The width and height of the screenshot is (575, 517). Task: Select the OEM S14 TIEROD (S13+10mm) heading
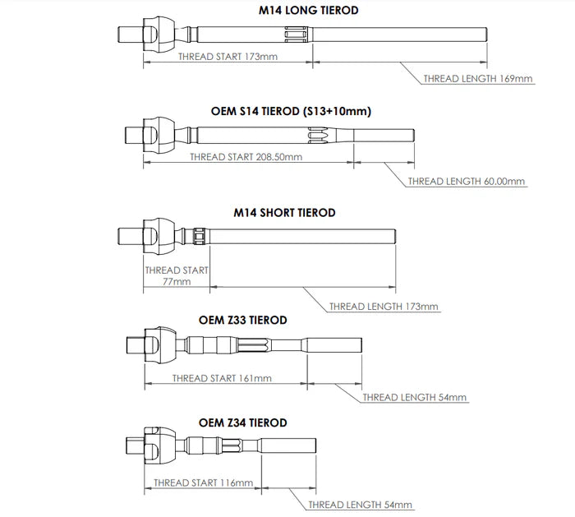coord(291,111)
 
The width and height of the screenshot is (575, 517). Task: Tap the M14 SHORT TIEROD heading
coord(284,213)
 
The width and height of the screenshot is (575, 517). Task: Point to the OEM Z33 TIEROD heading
coord(243,319)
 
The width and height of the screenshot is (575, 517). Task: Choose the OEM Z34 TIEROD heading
coord(243,422)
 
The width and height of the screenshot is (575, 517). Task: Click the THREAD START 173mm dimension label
coord(227,57)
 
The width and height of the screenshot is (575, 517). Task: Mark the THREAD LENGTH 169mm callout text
coord(478,79)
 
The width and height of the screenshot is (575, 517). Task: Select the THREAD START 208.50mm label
coord(246,156)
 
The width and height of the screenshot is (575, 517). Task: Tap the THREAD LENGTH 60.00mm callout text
coord(467,181)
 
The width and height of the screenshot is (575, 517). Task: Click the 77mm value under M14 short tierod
coord(176,282)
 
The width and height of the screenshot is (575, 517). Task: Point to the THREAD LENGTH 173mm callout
coord(384,307)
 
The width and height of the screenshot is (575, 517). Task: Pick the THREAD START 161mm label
coord(222,379)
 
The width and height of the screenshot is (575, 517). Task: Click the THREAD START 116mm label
coord(203,482)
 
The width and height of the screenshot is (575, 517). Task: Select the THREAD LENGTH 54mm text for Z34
coord(360,505)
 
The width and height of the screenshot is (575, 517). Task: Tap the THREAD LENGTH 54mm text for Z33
coord(414,398)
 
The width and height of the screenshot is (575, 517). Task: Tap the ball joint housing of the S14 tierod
coord(158,134)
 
